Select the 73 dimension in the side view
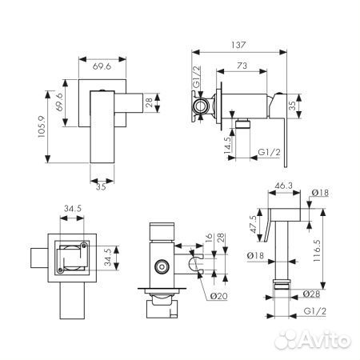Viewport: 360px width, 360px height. [241, 68]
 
